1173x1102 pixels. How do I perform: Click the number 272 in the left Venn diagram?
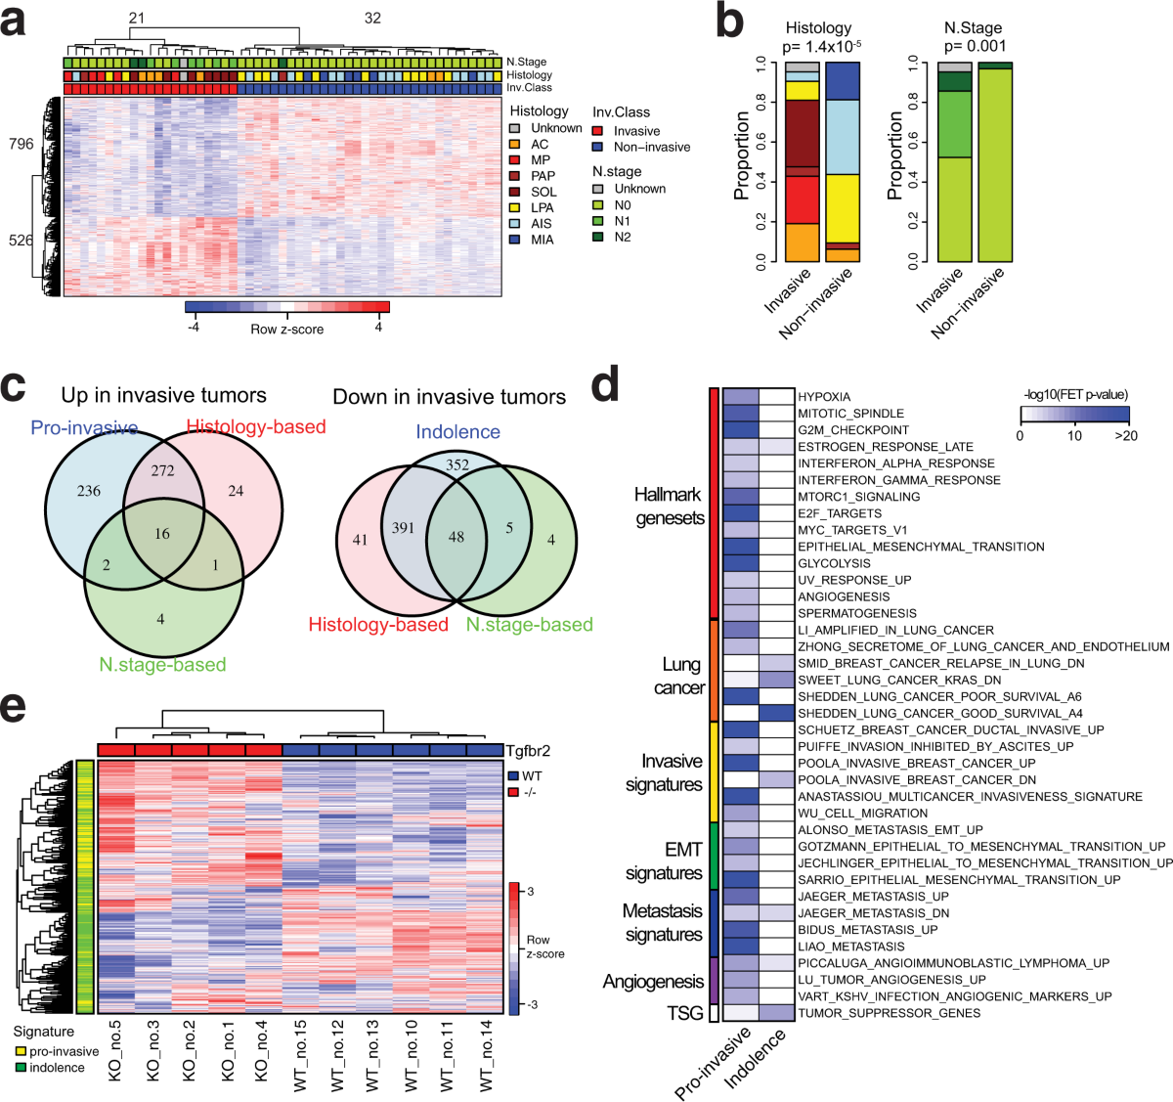click(x=162, y=470)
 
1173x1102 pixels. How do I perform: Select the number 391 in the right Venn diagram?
click(x=403, y=528)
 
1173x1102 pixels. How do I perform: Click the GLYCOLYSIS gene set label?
click(x=834, y=563)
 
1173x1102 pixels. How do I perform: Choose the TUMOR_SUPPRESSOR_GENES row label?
click(x=889, y=1013)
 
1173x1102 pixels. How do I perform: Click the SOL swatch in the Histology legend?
click(x=514, y=192)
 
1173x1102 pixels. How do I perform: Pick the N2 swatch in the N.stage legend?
click(x=597, y=237)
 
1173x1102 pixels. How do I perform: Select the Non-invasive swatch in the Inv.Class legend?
click(x=597, y=147)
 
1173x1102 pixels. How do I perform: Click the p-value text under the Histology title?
click(x=818, y=46)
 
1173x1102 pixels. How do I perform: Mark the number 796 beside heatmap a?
click(x=21, y=144)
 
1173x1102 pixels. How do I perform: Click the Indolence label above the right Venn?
click(x=457, y=432)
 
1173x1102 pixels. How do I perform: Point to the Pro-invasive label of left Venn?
click(x=84, y=427)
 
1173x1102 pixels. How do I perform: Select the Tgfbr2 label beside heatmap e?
click(x=528, y=751)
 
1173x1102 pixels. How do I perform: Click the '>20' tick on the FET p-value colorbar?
click(x=1125, y=435)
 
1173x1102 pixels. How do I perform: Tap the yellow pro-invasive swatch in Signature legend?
click(x=20, y=1051)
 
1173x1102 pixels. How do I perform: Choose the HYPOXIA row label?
click(x=824, y=397)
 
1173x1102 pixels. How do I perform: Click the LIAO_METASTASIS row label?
click(x=851, y=947)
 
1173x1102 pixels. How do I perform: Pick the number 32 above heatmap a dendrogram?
click(x=372, y=18)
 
